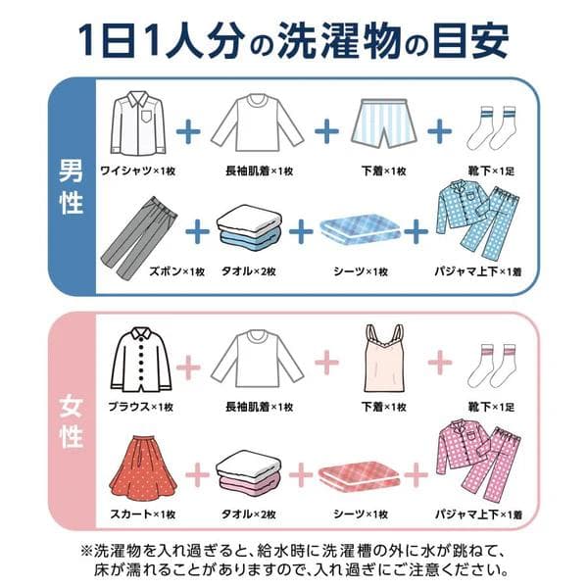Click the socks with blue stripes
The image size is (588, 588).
tap(494, 129)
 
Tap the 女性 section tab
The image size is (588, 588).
tap(70, 417)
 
